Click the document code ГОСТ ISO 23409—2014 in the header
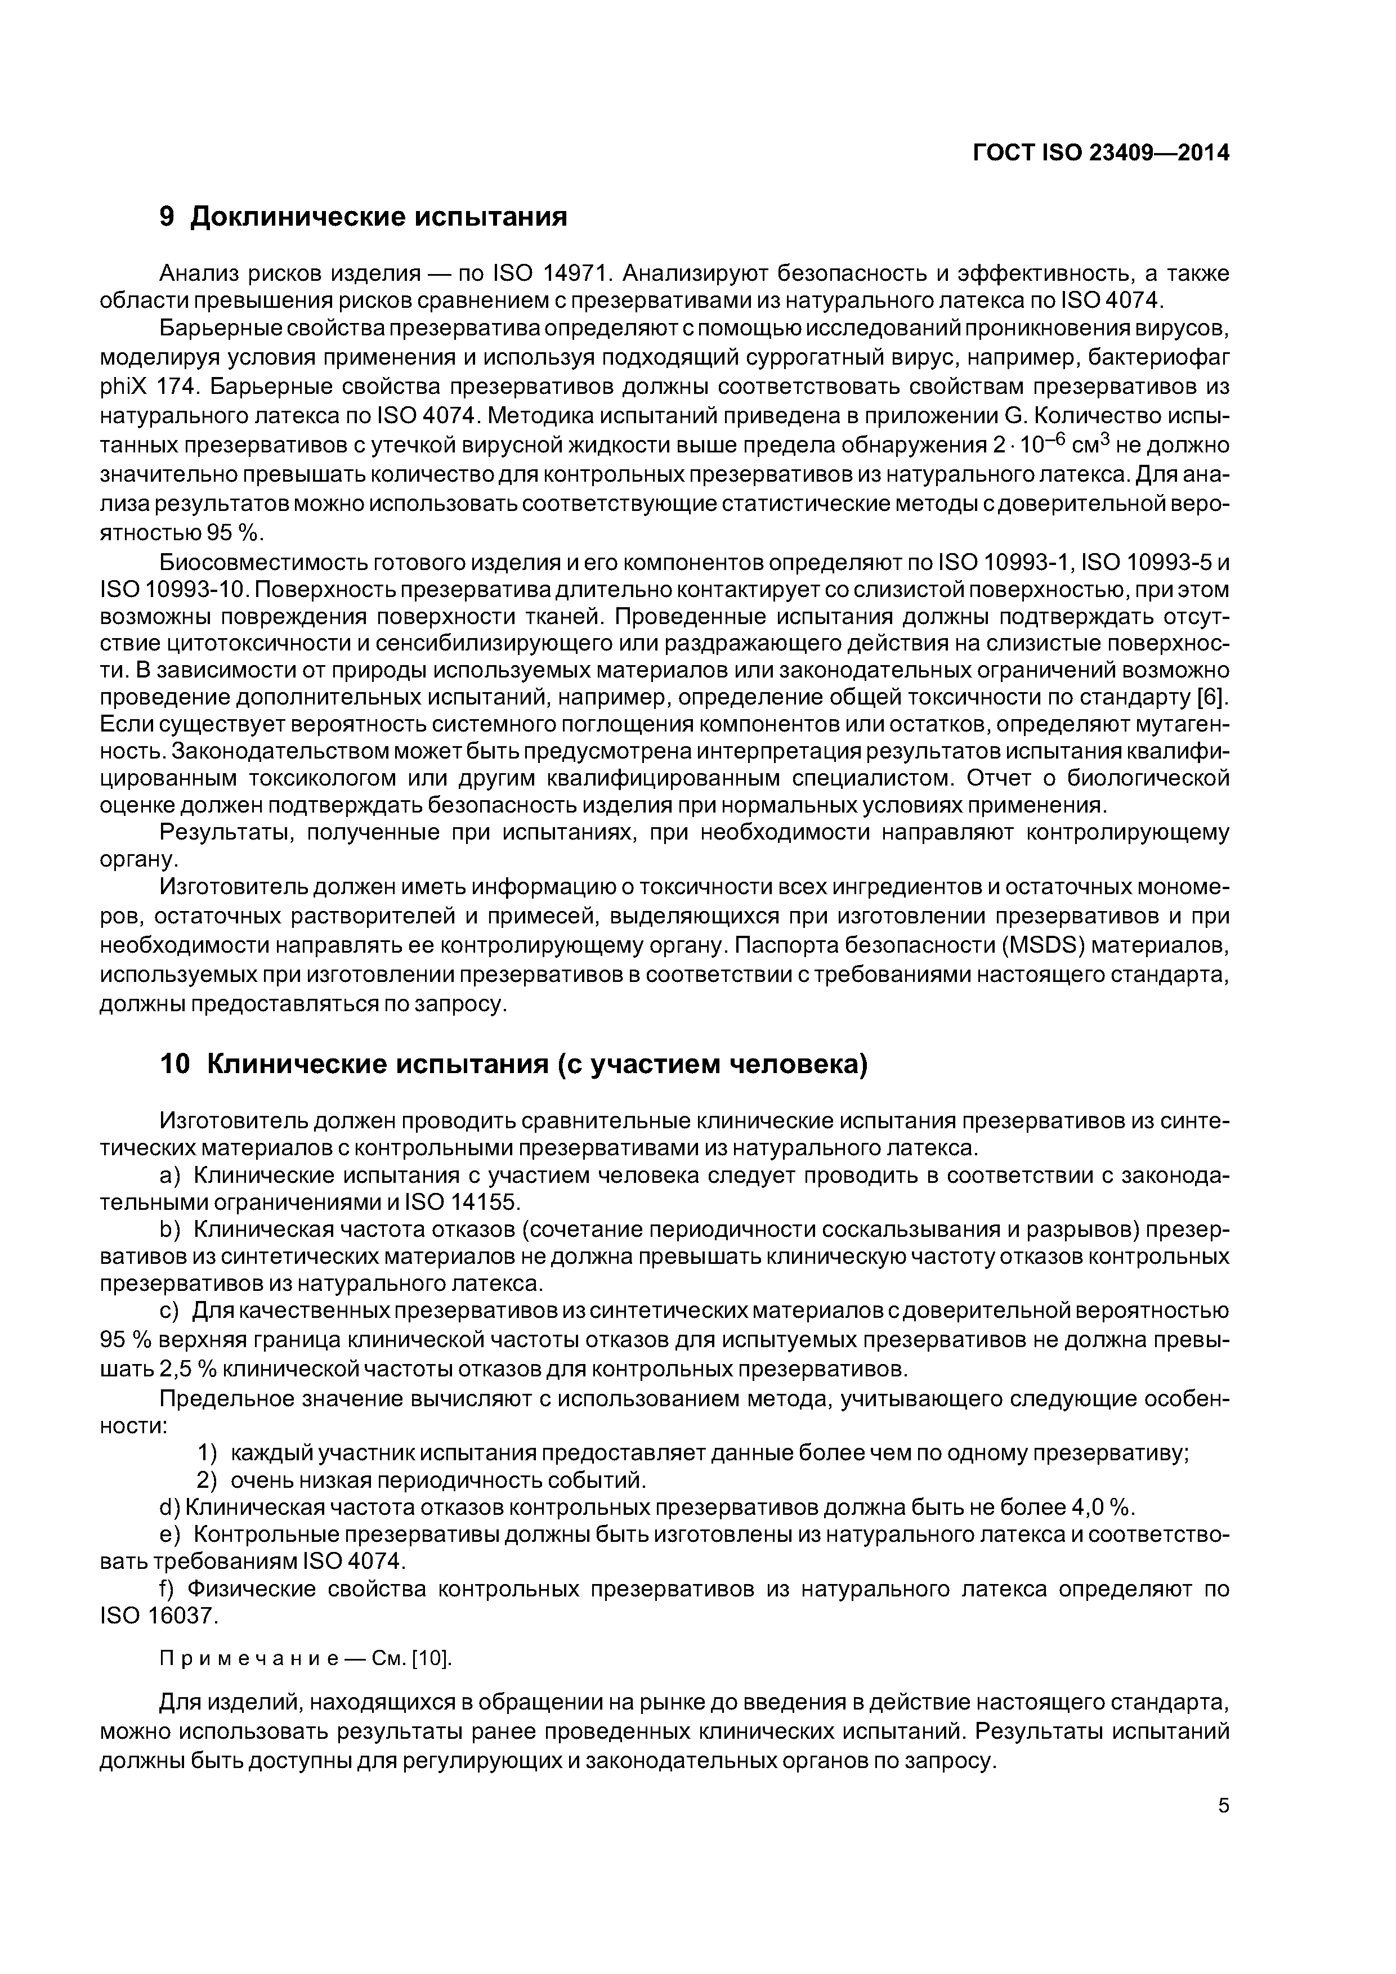click(1101, 153)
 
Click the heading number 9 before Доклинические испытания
click(168, 217)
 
